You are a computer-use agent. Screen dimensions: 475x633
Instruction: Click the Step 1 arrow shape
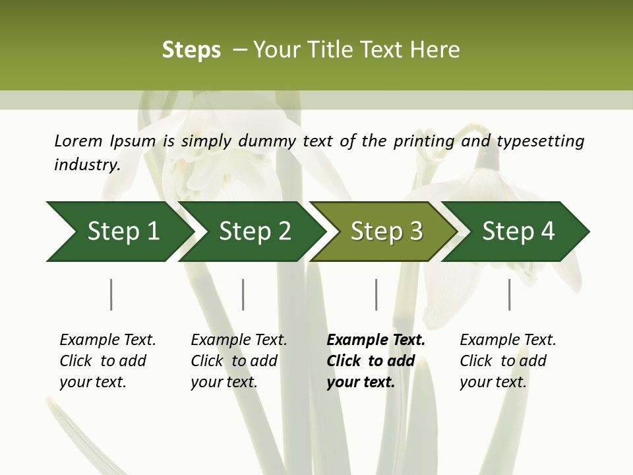tap(123, 231)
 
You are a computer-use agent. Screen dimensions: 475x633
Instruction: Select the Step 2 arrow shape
tap(255, 231)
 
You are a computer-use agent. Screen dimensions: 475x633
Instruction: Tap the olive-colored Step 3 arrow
tap(386, 231)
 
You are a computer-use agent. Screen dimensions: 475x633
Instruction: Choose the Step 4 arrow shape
tap(518, 231)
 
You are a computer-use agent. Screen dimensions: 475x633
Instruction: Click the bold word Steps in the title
tap(191, 50)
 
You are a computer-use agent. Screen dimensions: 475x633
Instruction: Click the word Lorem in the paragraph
tap(78, 141)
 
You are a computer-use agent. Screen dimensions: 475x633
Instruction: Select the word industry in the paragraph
tap(86, 164)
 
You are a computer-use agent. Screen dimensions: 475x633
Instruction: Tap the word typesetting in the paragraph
tap(540, 141)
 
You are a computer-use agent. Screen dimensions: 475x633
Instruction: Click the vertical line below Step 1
tap(111, 294)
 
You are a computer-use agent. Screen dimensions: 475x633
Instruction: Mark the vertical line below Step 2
tap(243, 294)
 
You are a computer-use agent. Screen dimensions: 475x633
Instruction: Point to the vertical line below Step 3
tap(377, 294)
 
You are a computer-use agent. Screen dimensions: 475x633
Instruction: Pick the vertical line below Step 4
tap(510, 294)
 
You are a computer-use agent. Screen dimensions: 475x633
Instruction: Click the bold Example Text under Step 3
tap(376, 340)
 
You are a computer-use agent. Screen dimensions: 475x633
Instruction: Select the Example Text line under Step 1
tap(107, 340)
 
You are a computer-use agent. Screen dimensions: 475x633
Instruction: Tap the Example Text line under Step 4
tap(508, 340)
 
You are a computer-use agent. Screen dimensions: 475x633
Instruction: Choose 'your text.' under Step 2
tap(224, 382)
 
